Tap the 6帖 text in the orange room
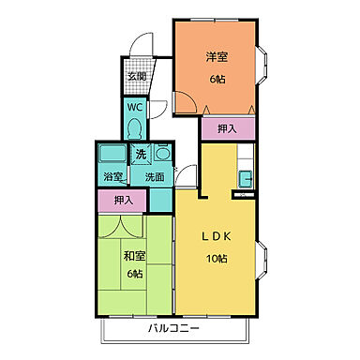tap(217, 80)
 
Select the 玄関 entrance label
tap(137, 78)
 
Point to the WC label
tap(134, 107)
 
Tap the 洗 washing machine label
tap(141, 153)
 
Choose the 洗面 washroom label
tap(153, 174)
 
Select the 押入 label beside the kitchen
tap(227, 128)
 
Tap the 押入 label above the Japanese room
tap(123, 199)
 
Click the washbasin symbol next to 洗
tap(161, 153)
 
